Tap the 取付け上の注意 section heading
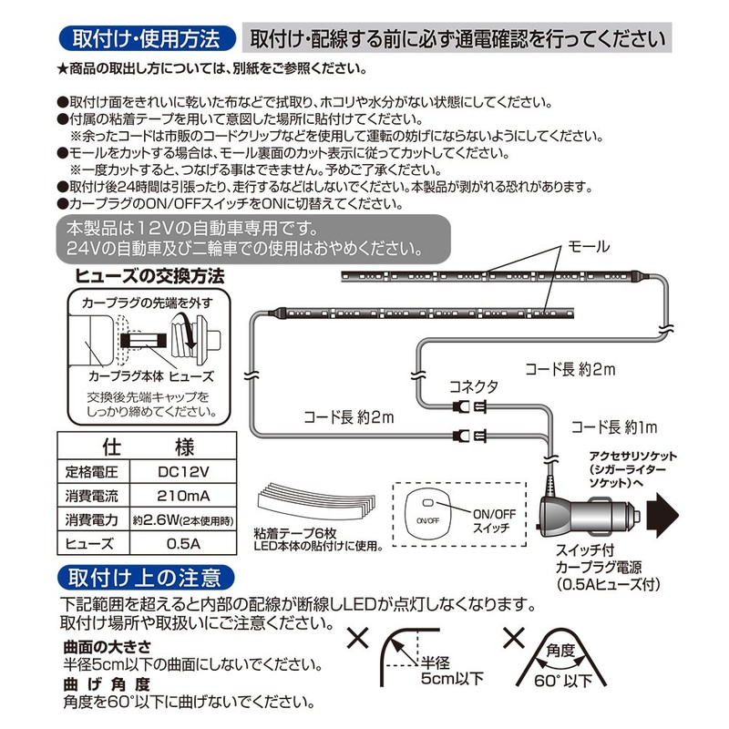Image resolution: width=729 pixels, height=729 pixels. [x=145, y=577]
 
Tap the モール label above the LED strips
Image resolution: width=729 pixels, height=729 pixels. [x=589, y=247]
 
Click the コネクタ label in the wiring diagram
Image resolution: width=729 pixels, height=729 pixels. [x=473, y=386]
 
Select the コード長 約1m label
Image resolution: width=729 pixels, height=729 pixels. [x=614, y=426]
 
